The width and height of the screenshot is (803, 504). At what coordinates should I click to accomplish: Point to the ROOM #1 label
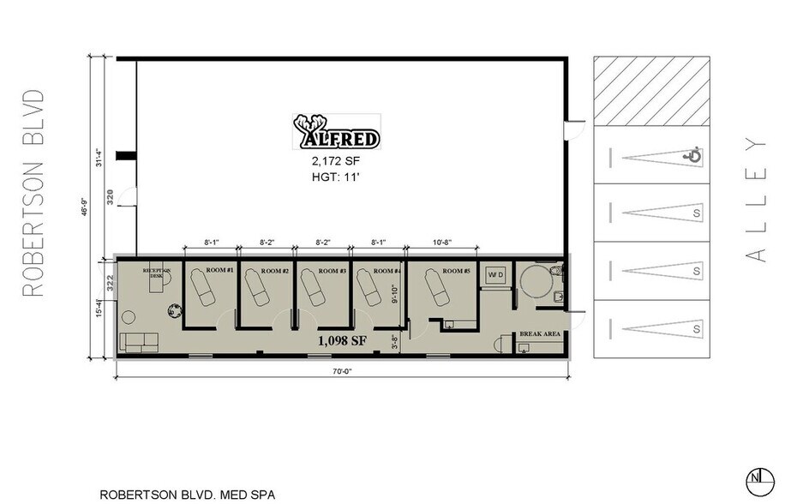pos(219,271)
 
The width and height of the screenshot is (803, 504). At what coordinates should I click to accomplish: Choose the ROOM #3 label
pos(331,271)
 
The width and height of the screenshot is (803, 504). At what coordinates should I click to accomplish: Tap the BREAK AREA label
pos(540,334)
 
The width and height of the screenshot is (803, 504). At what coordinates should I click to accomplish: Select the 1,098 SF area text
pos(342,340)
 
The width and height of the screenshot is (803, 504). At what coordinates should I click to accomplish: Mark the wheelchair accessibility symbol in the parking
pos(692,156)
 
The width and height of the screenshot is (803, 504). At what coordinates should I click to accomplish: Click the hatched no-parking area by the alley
pos(652,91)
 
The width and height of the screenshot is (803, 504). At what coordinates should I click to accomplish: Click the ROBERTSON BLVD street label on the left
pos(33,193)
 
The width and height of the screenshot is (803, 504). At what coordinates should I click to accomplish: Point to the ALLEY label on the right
pos(755,199)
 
